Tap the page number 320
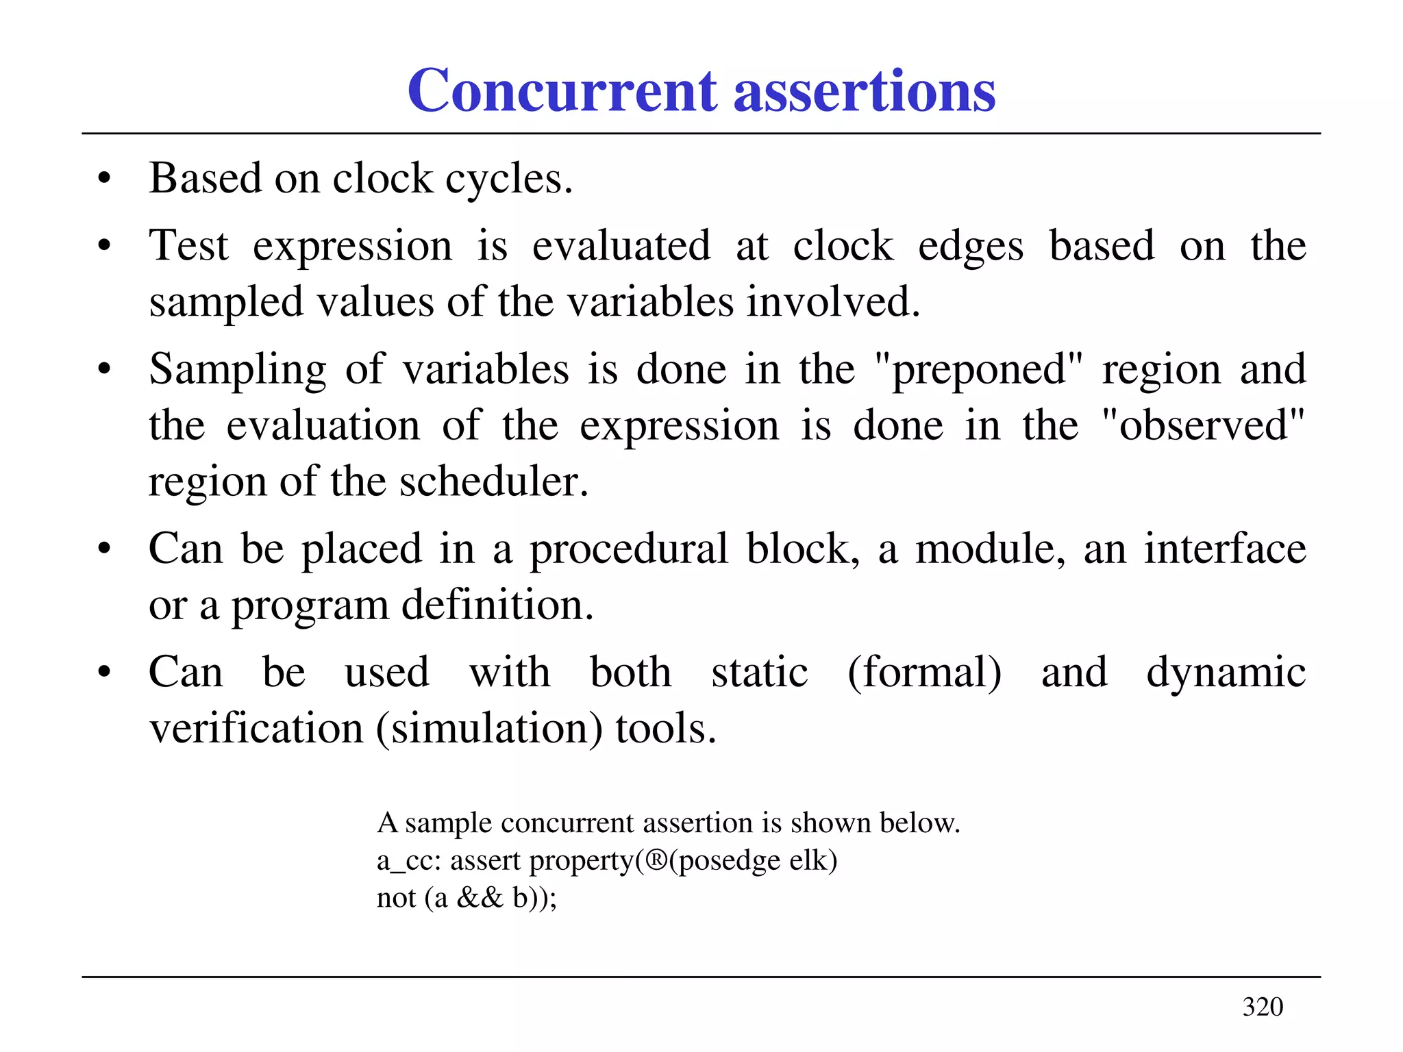[1263, 1007]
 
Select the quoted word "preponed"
[980, 370]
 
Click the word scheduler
[494, 481]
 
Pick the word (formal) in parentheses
[924, 673]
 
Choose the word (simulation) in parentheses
[489, 729]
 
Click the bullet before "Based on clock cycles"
[104, 180]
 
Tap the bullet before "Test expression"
[104, 246]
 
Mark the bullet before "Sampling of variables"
[104, 370]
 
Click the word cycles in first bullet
[509, 180]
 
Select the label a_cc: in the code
[409, 861]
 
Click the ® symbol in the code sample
[656, 860]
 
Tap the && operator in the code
[480, 897]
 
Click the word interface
[1225, 549]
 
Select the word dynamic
[1226, 673]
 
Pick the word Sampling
[238, 370]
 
